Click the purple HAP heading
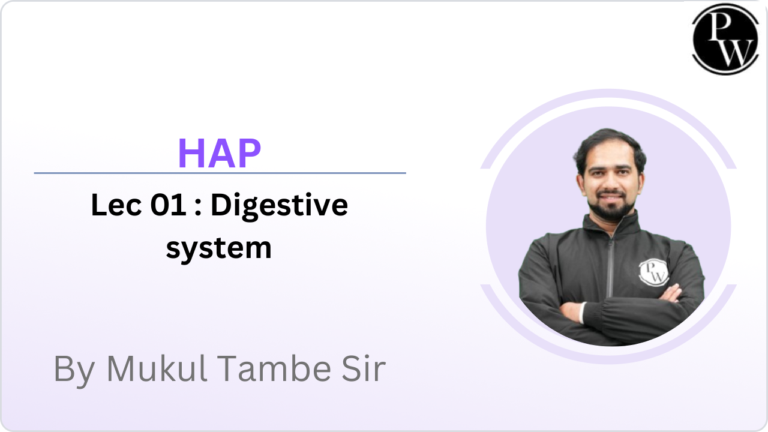tap(220, 153)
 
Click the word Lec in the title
tap(116, 205)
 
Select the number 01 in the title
tap(169, 205)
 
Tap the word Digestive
tap(280, 206)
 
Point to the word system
tap(219, 249)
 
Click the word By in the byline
tap(74, 371)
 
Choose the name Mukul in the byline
tap(157, 368)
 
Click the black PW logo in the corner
tap(725, 39)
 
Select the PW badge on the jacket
tap(653, 272)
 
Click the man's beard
tap(611, 206)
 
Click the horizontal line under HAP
tap(220, 173)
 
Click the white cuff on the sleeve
tap(582, 313)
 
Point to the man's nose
tap(611, 182)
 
